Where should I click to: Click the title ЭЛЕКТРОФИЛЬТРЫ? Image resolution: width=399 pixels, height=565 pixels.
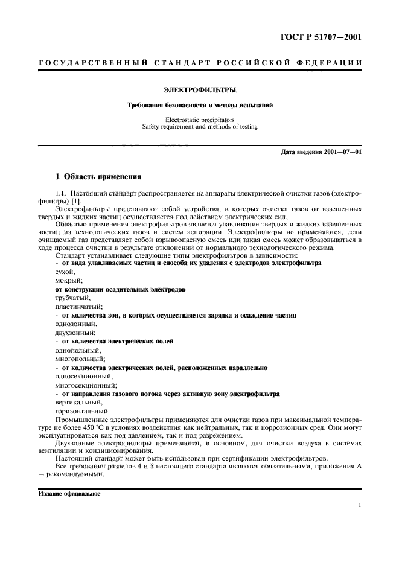pos(200,90)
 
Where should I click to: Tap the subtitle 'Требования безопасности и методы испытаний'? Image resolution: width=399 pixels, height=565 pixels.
pos(200,105)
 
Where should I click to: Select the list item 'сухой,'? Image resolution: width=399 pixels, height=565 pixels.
pos(65,272)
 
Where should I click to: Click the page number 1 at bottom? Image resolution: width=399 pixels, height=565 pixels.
pos(359,506)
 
